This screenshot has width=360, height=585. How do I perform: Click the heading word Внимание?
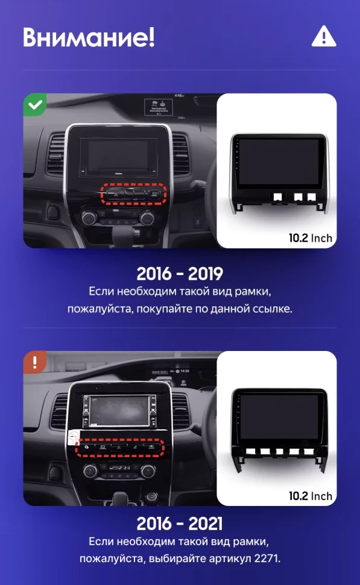(89, 37)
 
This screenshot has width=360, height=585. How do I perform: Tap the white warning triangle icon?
(323, 37)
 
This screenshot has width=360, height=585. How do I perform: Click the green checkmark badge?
(36, 105)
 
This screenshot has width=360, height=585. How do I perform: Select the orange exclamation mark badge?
(35, 362)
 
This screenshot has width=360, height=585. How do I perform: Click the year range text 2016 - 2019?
(180, 273)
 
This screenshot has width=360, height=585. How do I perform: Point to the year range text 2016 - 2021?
(180, 522)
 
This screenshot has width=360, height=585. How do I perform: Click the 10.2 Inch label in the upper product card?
(310, 238)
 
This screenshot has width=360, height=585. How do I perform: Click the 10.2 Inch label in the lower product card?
(310, 496)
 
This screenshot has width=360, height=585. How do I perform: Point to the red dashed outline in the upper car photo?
(134, 194)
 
